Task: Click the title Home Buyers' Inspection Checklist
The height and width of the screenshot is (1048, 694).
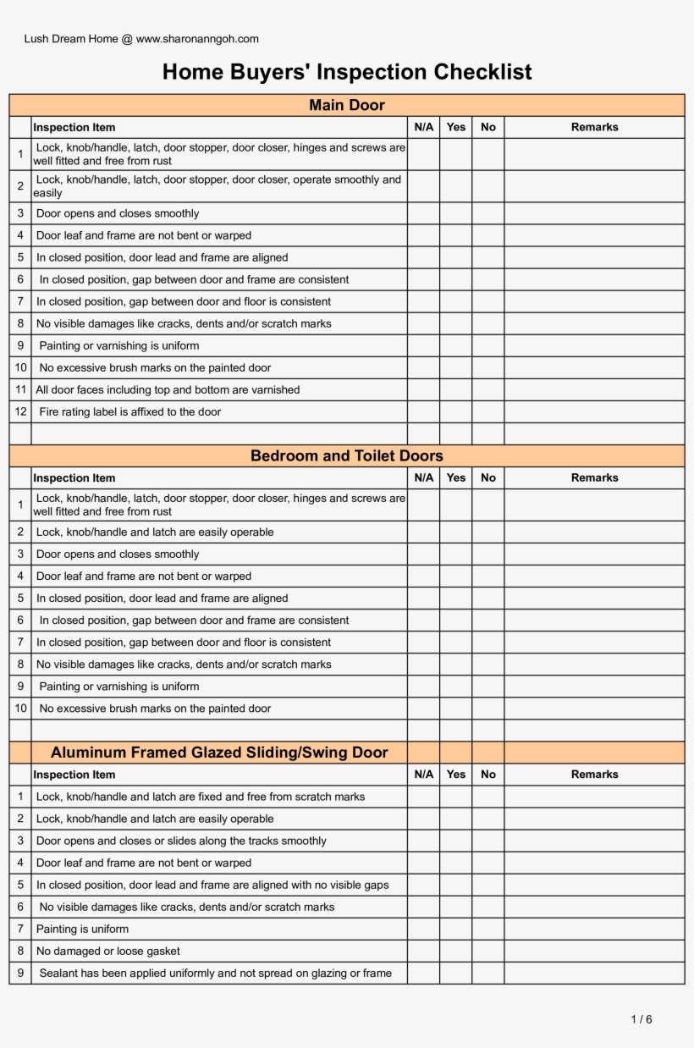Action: point(347,72)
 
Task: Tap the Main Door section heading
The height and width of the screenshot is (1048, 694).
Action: point(347,105)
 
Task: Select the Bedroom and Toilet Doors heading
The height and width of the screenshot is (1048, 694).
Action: point(347,456)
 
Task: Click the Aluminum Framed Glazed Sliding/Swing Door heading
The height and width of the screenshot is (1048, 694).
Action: point(219,753)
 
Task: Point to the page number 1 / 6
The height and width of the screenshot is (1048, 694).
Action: point(642,1019)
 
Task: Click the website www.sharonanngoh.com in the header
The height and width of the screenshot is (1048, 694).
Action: point(197,39)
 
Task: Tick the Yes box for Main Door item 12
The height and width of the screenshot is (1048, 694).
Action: point(455,412)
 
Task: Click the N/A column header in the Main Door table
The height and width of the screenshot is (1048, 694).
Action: point(423,127)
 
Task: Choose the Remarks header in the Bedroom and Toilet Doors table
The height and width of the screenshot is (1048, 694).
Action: point(594,477)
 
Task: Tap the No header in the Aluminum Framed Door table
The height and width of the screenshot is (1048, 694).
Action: point(488,775)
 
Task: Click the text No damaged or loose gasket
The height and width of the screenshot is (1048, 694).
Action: point(108,951)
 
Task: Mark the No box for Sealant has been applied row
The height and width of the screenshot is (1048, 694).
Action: point(488,974)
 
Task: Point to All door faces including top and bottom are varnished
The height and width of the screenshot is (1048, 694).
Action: point(168,390)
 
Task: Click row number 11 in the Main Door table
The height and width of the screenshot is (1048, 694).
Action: point(20,390)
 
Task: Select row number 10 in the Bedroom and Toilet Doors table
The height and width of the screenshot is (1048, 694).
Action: point(20,709)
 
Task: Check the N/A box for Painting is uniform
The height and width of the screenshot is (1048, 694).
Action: point(423,929)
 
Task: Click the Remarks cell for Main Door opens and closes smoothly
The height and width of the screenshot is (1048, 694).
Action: point(594,214)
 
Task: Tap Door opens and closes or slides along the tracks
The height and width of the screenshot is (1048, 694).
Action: point(181,841)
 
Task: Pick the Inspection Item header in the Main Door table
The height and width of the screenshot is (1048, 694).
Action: point(74,127)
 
